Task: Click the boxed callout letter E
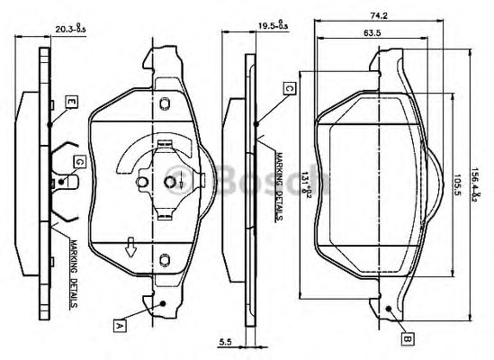69,102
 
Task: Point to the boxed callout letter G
80,161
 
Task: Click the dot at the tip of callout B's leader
386,309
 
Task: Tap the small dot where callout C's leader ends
257,121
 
